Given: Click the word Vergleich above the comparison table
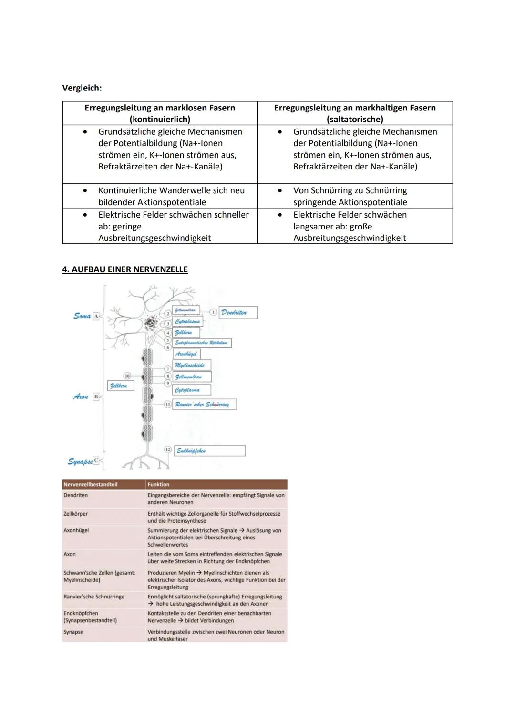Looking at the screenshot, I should [82, 88].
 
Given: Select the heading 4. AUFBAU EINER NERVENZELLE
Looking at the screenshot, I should [125, 269].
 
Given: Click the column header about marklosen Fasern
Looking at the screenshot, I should [160, 113].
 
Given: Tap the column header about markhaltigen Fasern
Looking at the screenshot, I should [355, 113].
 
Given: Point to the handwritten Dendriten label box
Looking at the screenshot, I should [238, 313].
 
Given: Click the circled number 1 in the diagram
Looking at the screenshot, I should [213, 312].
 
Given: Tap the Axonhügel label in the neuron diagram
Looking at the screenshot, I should [186, 354].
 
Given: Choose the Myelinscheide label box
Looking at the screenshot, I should [191, 365].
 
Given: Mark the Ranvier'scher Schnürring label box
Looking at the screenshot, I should [204, 404].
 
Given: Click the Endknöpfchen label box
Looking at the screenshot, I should [209, 450].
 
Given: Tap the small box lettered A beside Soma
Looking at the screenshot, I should [96, 316].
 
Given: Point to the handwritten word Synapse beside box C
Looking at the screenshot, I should [80, 461].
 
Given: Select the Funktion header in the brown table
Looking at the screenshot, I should [158, 484].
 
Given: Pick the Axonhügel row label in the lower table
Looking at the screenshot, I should [76, 530].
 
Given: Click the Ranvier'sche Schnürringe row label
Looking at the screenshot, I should [94, 597].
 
